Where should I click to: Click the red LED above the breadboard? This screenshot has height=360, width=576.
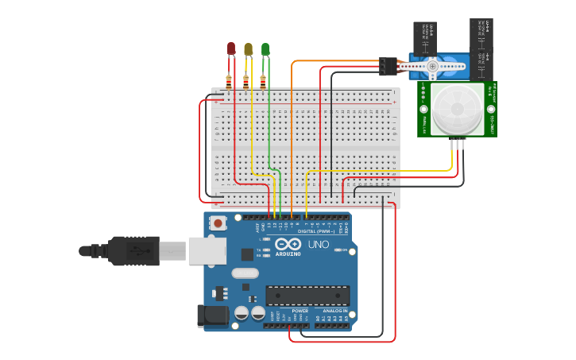[231, 48]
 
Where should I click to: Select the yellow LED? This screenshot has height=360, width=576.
[249, 48]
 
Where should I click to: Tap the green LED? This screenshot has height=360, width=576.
[265, 48]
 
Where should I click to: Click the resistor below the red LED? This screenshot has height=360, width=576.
[230, 80]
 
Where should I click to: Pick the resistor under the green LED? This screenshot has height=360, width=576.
[263, 80]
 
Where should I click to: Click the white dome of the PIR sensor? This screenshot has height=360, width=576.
[457, 109]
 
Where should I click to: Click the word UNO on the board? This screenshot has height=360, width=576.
[318, 244]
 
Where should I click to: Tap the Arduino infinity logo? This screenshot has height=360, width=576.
[289, 244]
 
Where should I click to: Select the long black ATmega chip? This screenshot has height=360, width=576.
[307, 296]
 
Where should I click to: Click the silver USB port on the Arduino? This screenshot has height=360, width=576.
[207, 250]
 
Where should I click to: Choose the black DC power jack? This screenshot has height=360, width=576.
[213, 315]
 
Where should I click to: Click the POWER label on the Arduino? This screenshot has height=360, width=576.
[300, 311]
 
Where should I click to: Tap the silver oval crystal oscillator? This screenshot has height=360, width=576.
[245, 273]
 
